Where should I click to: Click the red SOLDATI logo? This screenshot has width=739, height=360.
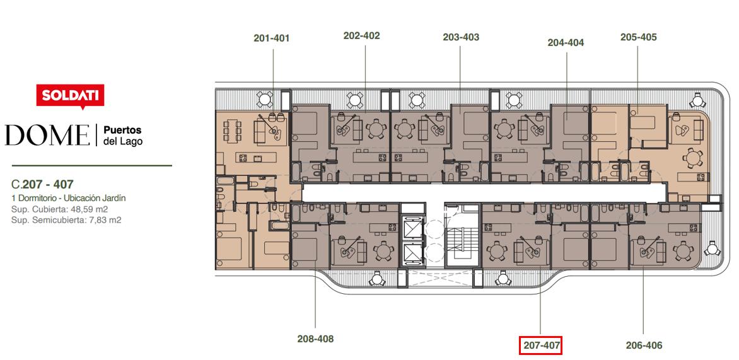[70, 96]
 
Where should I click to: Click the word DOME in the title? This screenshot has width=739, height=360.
[47, 136]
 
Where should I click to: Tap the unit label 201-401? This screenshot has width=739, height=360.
[272, 38]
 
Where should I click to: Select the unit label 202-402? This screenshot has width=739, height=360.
[361, 35]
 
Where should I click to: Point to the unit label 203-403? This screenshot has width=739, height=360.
[461, 37]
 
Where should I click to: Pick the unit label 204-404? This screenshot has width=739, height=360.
[566, 43]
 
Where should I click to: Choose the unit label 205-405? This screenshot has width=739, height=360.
[639, 37]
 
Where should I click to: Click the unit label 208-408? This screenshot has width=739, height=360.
[315, 339]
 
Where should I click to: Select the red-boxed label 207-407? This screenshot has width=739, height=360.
[540, 346]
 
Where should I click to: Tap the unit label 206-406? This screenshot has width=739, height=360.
[644, 345]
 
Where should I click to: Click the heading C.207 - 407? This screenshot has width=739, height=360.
[42, 184]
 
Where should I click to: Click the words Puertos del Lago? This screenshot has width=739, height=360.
[122, 136]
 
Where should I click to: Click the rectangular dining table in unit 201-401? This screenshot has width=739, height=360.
[232, 132]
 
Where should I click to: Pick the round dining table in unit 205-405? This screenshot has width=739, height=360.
[692, 158]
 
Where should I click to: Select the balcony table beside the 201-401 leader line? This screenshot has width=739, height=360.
[264, 100]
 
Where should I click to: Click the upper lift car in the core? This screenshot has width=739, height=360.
[413, 228]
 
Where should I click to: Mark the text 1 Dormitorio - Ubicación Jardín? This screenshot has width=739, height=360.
[69, 199]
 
